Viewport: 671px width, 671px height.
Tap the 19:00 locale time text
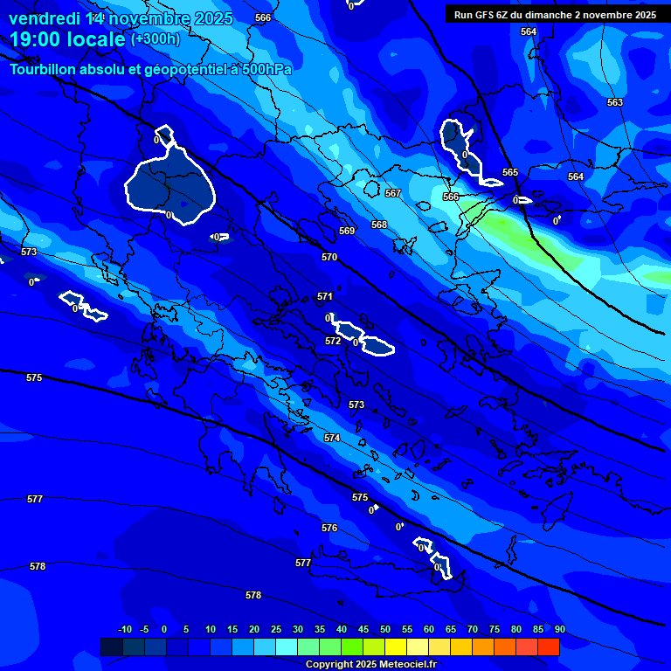pyautogui.click(x=67, y=39)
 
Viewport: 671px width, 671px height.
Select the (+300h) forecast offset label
pyautogui.click(x=156, y=39)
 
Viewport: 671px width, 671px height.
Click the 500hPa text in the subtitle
pyautogui.click(x=262, y=69)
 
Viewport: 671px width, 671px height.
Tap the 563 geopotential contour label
pyautogui.click(x=615, y=103)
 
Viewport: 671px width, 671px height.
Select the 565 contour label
pyautogui.click(x=510, y=173)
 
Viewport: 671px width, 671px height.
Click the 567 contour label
pyautogui.click(x=393, y=193)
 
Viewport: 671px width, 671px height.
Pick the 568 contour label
pyautogui.click(x=379, y=225)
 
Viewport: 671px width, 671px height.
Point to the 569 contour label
pyautogui.click(x=347, y=232)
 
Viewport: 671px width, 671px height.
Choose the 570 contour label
pyautogui.click(x=329, y=258)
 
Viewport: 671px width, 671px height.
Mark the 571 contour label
pyautogui.click(x=325, y=297)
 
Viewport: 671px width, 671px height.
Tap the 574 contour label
pyautogui.click(x=332, y=438)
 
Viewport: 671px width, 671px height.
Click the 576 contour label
pyautogui.click(x=329, y=529)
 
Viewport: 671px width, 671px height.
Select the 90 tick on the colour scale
pyautogui.click(x=559, y=630)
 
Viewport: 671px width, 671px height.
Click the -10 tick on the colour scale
pyautogui.click(x=125, y=630)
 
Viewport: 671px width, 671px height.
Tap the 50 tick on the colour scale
pyautogui.click(x=385, y=630)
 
